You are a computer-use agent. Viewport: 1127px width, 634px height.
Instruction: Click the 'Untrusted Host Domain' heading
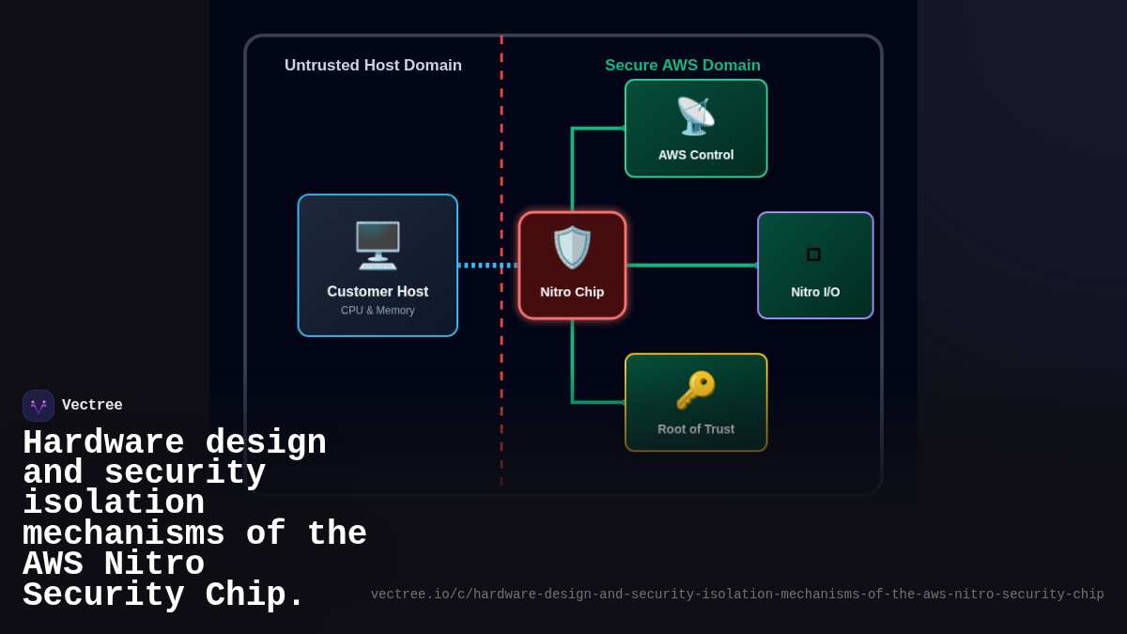click(373, 66)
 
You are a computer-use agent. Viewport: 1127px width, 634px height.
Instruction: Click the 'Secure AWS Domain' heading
click(683, 66)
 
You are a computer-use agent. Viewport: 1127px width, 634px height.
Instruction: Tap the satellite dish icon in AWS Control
click(696, 116)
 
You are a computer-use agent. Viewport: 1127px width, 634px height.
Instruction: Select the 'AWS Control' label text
click(696, 155)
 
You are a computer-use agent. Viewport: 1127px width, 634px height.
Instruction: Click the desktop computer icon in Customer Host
click(378, 245)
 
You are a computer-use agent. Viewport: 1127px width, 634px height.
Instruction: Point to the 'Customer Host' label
click(378, 292)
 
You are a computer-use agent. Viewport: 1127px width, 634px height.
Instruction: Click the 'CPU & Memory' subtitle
click(378, 311)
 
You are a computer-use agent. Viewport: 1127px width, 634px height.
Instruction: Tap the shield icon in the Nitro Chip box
click(572, 248)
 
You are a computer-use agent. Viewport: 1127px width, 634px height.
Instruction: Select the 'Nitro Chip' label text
click(572, 292)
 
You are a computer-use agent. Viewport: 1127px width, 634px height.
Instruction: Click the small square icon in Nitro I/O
click(813, 255)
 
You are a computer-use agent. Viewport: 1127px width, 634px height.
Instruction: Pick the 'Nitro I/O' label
click(815, 292)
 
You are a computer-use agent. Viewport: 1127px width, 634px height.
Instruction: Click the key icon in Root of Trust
click(696, 390)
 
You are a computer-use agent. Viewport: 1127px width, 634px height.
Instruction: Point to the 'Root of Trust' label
click(696, 429)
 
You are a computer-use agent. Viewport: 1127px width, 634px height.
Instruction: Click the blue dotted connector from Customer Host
click(487, 266)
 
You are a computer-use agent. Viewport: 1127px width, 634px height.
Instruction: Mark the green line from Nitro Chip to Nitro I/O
click(691, 266)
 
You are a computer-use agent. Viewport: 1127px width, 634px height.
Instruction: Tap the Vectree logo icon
click(39, 406)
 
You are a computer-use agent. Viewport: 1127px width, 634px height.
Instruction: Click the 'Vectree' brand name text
click(92, 406)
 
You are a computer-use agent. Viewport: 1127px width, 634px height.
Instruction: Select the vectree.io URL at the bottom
click(737, 595)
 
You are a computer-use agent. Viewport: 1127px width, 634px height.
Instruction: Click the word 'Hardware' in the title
click(103, 442)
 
